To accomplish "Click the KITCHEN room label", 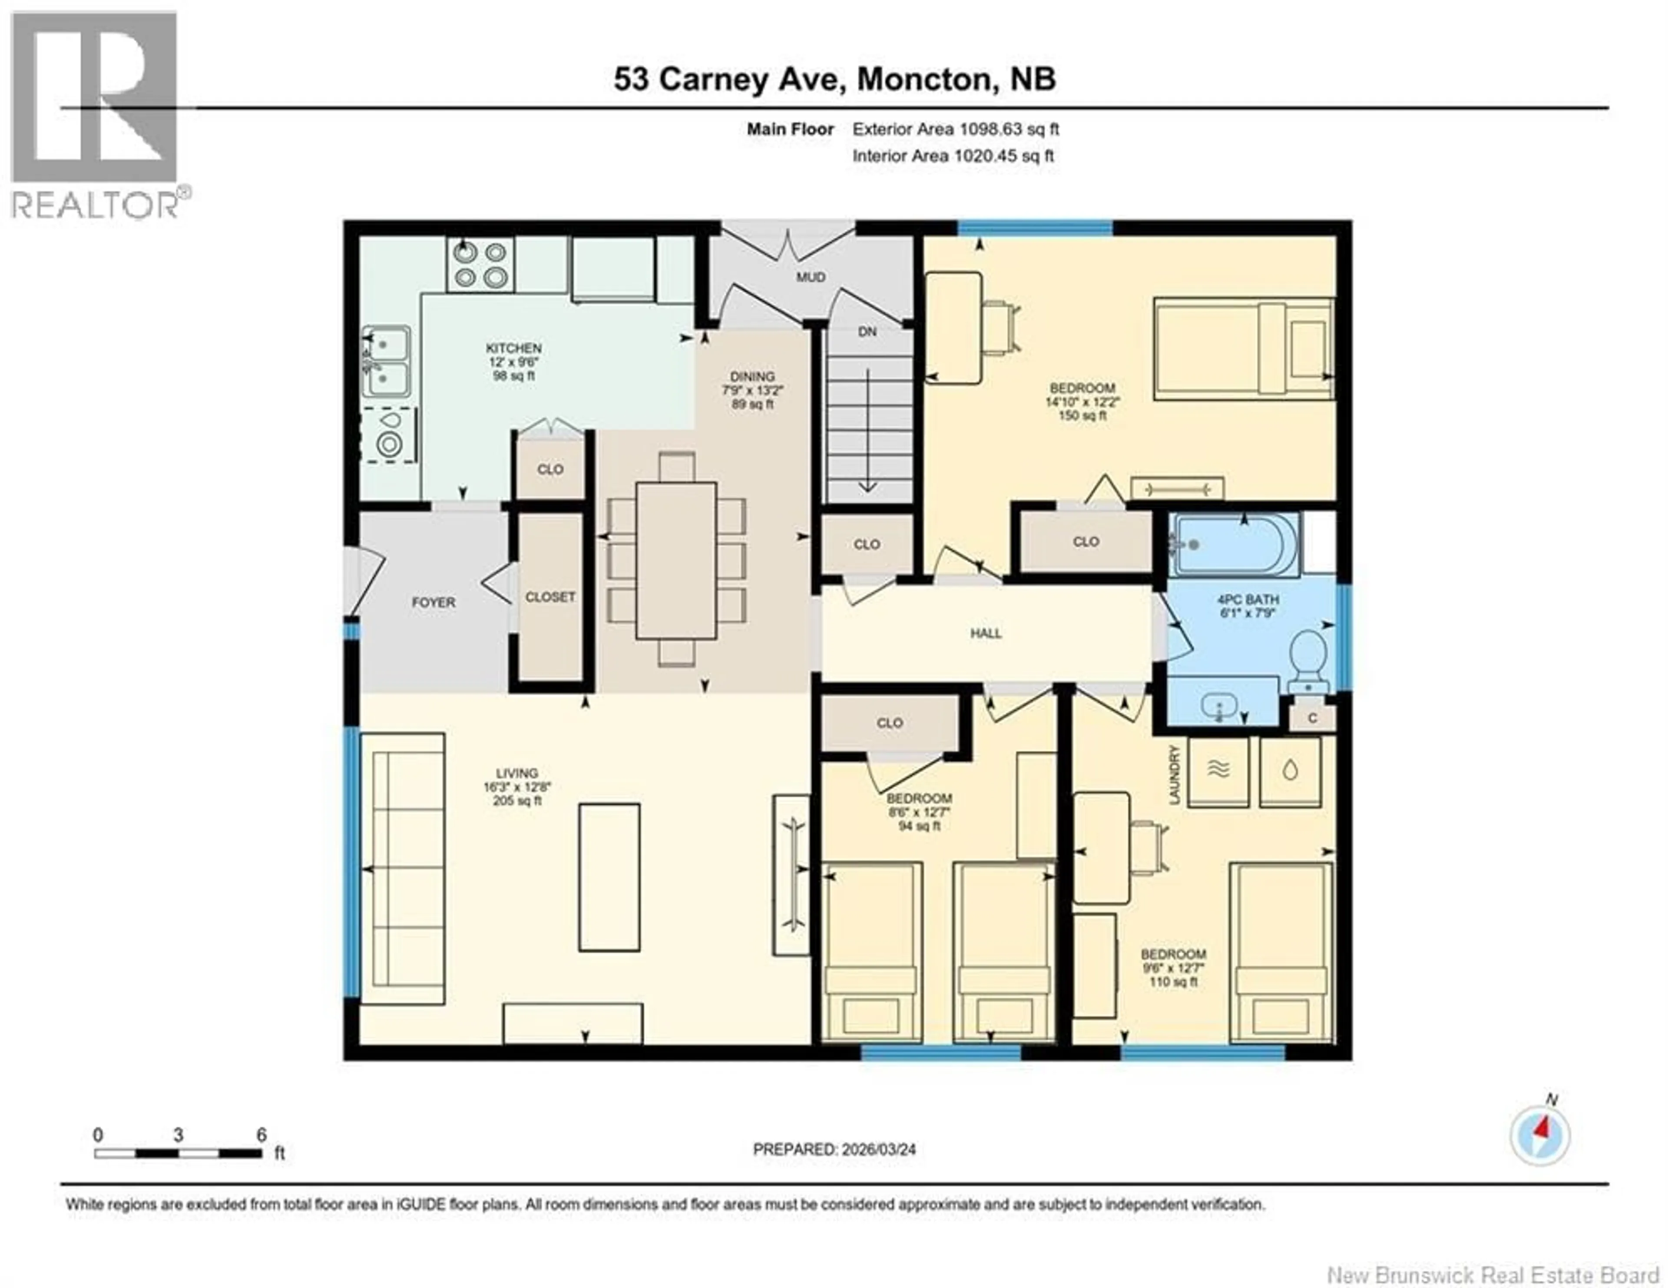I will pos(513,349).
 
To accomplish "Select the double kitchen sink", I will pos(387,362).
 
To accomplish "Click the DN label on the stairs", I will pos(867,332).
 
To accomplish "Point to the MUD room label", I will pos(810,277).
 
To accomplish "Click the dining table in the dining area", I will pos(676,560).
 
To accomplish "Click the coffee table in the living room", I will pos(609,877).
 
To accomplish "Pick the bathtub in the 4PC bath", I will pos(1235,544).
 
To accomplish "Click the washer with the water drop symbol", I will pos(1290,772).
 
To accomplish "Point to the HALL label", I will pos(985,633).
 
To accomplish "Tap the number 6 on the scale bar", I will pos(261,1135).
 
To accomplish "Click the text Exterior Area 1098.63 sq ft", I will pos(956,129).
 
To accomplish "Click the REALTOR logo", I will pos(96,115).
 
